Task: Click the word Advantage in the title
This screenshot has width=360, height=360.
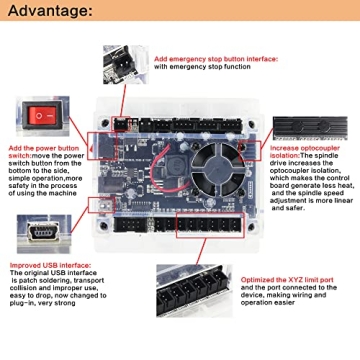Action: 48,11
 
